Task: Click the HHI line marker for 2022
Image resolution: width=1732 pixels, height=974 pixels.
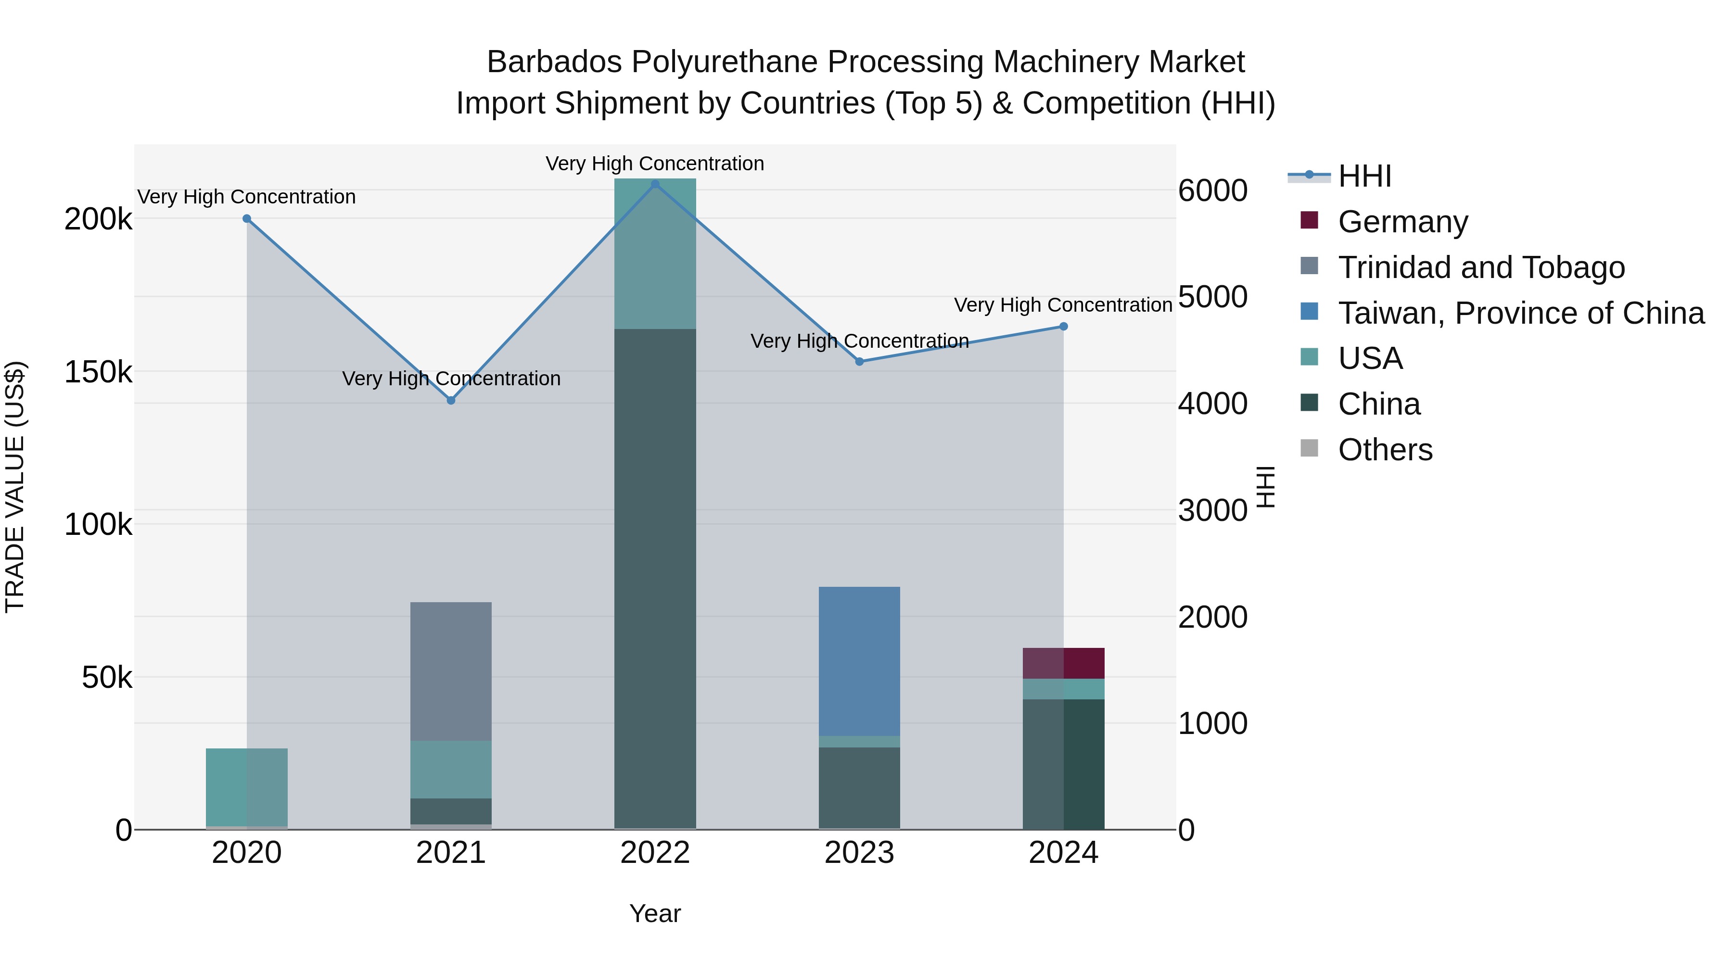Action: point(656,184)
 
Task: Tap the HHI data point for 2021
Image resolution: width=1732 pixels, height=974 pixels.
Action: point(451,401)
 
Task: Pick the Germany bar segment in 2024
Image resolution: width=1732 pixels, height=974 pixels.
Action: point(1064,663)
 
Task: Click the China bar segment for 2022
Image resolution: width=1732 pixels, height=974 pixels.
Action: point(656,578)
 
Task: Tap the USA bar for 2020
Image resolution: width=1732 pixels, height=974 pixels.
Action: point(247,787)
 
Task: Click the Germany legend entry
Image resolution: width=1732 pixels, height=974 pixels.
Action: point(1402,222)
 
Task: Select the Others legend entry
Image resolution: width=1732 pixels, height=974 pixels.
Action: point(1385,450)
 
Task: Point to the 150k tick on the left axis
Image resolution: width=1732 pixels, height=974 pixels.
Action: point(98,372)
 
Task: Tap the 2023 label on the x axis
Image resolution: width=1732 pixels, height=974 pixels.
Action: point(859,853)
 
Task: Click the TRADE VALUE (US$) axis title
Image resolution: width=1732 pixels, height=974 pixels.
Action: point(15,487)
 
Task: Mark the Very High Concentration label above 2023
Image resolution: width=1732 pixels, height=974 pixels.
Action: point(859,342)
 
